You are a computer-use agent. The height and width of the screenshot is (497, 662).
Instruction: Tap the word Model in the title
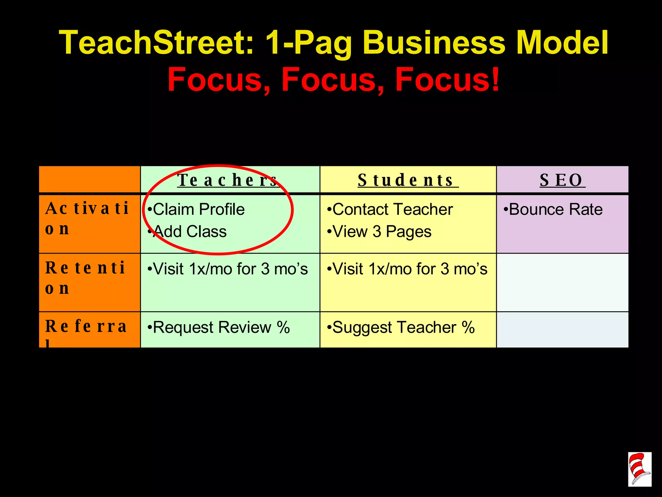coord(562,43)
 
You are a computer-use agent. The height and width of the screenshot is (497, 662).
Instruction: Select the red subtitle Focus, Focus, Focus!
coord(333,79)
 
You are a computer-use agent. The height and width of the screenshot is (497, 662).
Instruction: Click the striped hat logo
coord(639,469)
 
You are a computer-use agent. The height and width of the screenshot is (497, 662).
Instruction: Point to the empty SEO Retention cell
coord(562,282)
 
